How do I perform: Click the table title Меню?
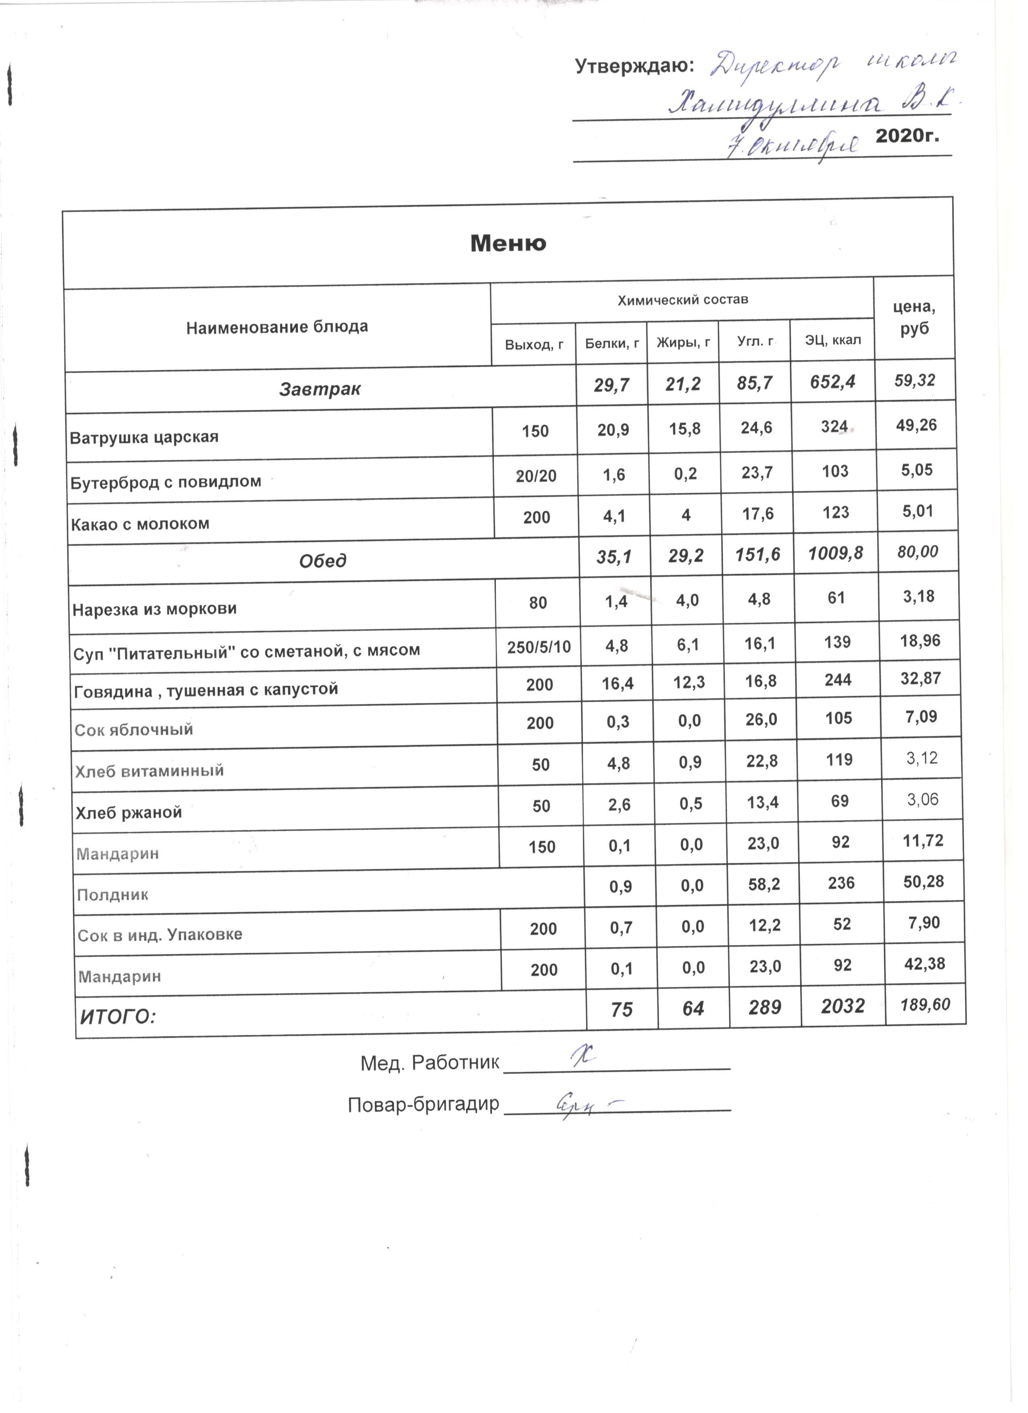point(508,243)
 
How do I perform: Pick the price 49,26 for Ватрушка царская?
point(916,425)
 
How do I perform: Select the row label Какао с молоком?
point(139,524)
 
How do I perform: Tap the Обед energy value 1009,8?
point(835,553)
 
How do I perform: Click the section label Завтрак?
point(319,389)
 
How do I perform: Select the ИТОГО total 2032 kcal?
point(842,1006)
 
